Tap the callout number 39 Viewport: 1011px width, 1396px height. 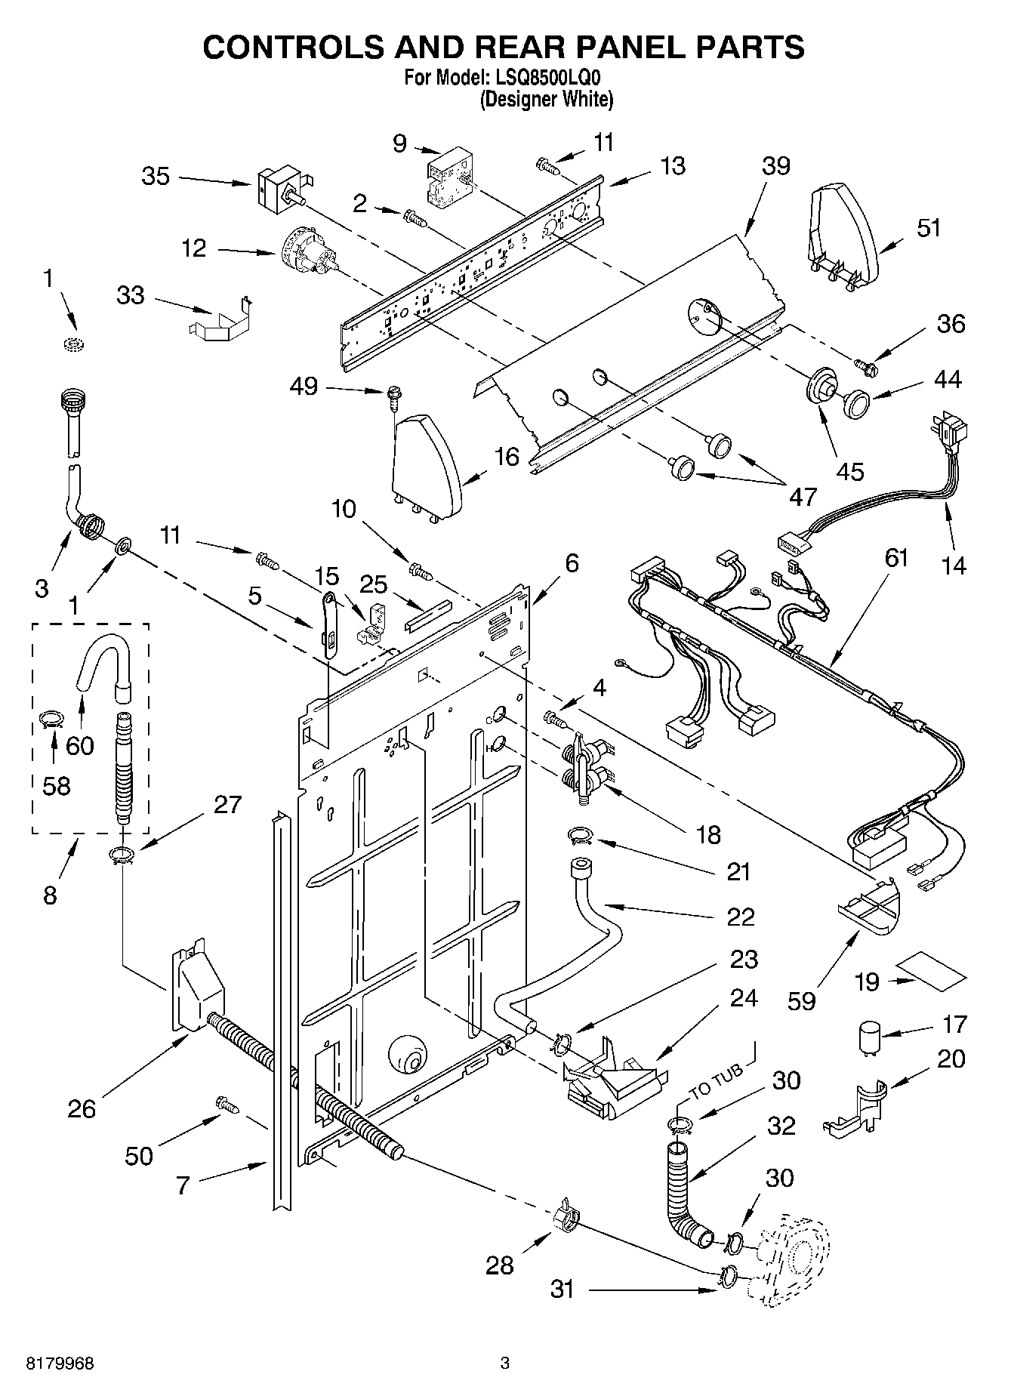coord(775,166)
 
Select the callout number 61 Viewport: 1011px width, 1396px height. coord(895,558)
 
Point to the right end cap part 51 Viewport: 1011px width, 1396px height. coord(843,235)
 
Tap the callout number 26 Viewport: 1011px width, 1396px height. coord(82,1108)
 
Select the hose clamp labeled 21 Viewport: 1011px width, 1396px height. coord(580,834)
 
